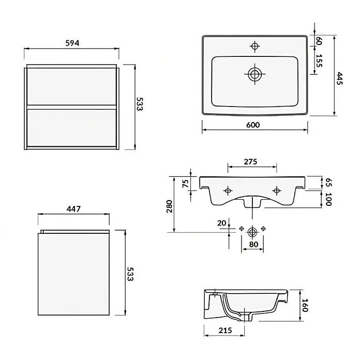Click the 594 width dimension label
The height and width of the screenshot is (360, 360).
click(72, 43)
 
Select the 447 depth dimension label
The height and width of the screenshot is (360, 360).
click(73, 208)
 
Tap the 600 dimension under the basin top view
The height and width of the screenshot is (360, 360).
click(253, 125)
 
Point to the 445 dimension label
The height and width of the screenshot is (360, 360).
click(339, 78)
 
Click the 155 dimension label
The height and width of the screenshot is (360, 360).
click(319, 61)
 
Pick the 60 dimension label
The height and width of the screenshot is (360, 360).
click(319, 41)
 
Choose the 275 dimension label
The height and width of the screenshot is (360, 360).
click(250, 161)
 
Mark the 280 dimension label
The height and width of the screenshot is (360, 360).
click(170, 206)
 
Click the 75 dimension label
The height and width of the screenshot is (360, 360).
click(185, 184)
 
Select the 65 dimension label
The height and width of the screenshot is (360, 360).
click(329, 182)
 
